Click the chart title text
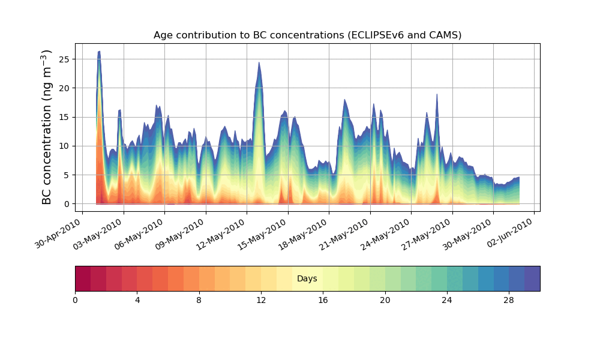(x=307, y=35)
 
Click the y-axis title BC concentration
(x=47, y=127)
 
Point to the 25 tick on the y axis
(x=66, y=59)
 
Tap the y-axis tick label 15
(x=66, y=117)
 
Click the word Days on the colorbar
(x=307, y=278)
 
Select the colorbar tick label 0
(x=75, y=300)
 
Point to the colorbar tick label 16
(x=323, y=300)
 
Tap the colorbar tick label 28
(x=509, y=300)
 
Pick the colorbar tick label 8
(x=199, y=300)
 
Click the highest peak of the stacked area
(x=99, y=52)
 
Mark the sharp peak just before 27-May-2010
(x=437, y=94)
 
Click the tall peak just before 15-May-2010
(x=259, y=62)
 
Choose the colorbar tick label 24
(x=447, y=300)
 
